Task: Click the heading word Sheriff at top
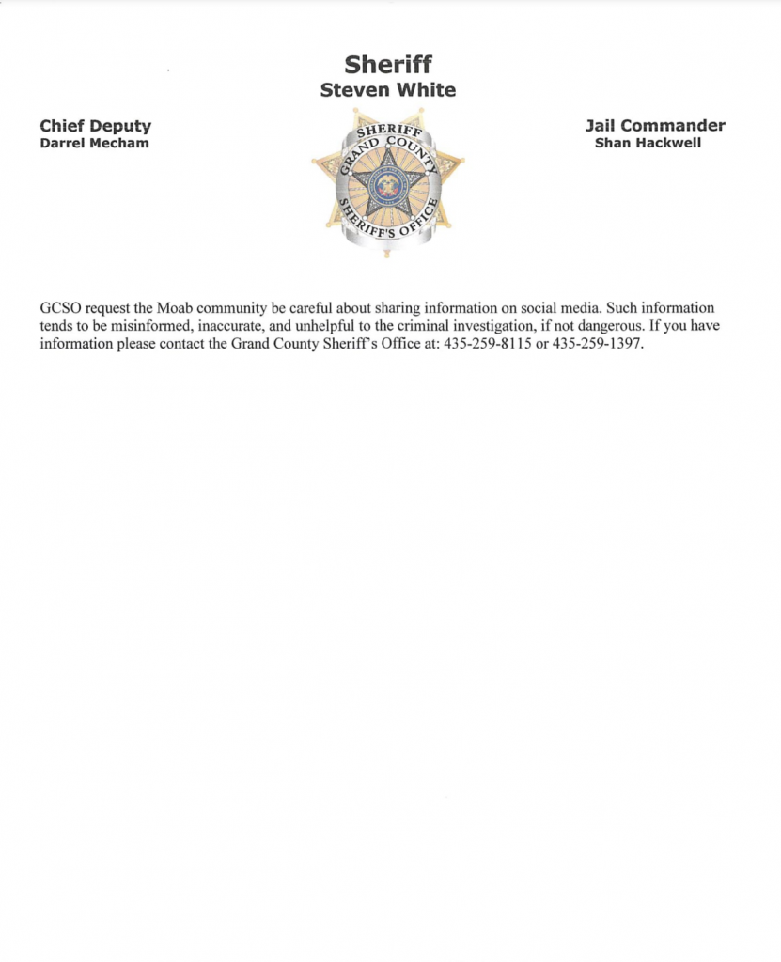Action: (388, 65)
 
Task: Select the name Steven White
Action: (388, 90)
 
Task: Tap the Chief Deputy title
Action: (95, 126)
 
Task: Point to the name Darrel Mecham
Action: (94, 144)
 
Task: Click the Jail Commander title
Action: (655, 126)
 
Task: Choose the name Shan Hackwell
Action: (648, 144)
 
